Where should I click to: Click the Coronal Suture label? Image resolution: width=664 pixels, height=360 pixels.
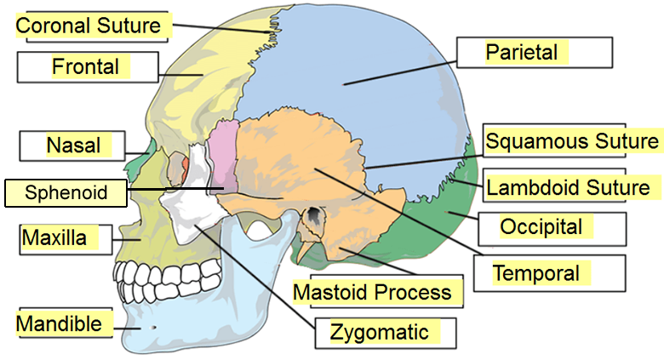click(89, 26)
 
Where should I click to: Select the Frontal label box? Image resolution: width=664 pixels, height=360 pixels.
click(87, 66)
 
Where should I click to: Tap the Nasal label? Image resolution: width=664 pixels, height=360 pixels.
click(72, 146)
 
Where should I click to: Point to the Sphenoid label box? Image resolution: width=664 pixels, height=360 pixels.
click(66, 192)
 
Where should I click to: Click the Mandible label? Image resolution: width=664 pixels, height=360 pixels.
click(60, 324)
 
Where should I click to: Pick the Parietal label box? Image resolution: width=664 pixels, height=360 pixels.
click(534, 53)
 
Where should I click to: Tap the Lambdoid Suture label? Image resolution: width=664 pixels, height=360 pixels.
click(569, 186)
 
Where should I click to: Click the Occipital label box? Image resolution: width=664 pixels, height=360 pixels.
click(552, 228)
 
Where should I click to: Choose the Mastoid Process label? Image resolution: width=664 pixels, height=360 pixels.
click(372, 293)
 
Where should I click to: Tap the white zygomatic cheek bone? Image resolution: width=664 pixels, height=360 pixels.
click(192, 209)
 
